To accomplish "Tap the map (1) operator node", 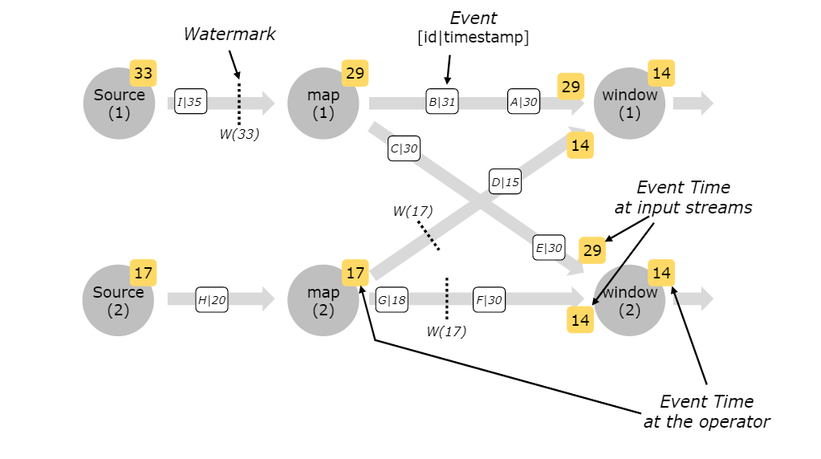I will [322, 104].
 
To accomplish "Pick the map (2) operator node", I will [322, 300].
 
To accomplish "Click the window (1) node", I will [629, 104].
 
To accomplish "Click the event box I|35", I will [191, 103].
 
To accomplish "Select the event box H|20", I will [212, 300].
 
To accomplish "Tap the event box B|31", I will [442, 103].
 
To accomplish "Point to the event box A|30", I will [524, 103].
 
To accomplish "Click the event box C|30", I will [404, 148].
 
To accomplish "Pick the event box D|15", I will [506, 182].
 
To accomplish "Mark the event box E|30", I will [549, 248].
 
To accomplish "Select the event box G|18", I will [392, 300].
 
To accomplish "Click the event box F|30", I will [489, 300].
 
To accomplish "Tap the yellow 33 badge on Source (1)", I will [143, 74].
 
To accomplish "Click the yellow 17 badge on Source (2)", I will [143, 273].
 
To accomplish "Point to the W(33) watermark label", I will [239, 134].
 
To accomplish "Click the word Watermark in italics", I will [230, 34].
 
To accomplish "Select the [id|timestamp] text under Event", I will [473, 37].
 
